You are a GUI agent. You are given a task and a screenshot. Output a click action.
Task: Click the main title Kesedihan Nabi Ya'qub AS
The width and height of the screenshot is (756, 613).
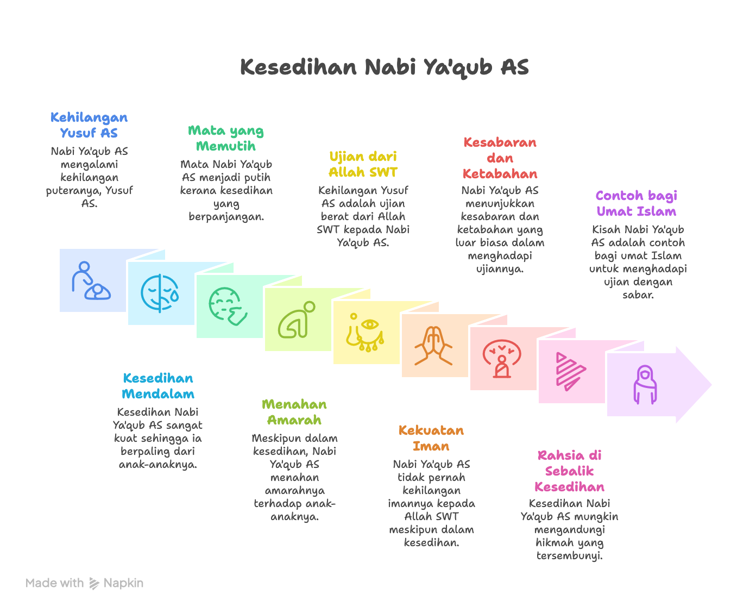pos(384,67)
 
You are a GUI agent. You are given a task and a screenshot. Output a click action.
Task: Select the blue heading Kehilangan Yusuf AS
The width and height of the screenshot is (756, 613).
pos(89,124)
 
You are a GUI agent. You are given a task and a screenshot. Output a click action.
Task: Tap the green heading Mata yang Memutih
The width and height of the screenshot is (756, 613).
pos(226,138)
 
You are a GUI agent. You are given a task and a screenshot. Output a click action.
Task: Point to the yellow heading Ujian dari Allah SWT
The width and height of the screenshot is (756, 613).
pos(363,164)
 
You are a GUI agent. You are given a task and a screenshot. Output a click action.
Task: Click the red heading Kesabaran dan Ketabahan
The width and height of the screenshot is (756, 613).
pos(500,158)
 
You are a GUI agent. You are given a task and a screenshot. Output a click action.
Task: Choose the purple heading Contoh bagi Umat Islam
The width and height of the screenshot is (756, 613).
pos(637,203)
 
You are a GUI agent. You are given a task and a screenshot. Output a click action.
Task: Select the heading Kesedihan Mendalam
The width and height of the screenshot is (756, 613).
pos(158,386)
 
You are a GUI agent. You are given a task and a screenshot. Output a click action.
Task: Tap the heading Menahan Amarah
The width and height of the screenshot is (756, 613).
pos(294,412)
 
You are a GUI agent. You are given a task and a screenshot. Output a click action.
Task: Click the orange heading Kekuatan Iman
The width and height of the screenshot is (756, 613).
pos(431,438)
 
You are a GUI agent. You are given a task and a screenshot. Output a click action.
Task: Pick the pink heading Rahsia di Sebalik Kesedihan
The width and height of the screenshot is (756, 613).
pos(569,471)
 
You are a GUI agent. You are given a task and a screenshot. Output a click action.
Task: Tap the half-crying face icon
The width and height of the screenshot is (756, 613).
pos(160,293)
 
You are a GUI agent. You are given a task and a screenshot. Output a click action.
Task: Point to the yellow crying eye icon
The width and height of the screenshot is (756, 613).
pos(365,333)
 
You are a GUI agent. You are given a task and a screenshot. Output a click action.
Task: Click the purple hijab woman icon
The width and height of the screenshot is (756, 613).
pos(645,385)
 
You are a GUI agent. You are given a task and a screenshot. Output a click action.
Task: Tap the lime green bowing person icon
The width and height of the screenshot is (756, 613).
pos(297,320)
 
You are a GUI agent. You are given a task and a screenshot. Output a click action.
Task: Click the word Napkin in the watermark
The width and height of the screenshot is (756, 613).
pos(123,583)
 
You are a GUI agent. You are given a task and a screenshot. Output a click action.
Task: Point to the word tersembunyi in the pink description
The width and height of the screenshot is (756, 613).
pos(569,555)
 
